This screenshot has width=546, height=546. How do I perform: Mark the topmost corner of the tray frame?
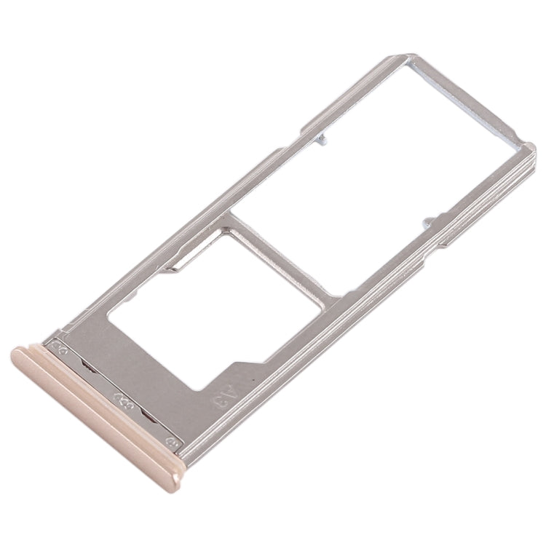(x=413, y=55)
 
